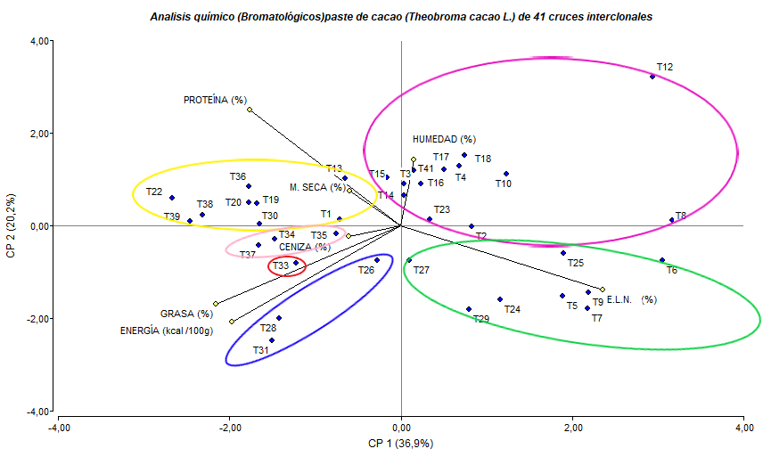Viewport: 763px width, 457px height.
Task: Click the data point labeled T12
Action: coord(652,77)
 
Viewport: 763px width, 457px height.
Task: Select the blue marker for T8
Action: coord(671,220)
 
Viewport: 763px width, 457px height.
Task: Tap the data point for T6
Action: coord(662,260)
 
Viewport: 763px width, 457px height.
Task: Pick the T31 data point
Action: coord(272,340)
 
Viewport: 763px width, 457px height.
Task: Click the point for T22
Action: coord(172,198)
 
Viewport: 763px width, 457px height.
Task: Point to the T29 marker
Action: coord(469,309)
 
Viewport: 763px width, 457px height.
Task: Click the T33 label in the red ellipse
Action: coord(281,265)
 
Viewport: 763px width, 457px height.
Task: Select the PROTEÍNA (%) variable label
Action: coord(215,100)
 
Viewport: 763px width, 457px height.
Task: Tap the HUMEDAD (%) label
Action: coord(444,139)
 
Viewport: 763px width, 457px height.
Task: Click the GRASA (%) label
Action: coord(186,314)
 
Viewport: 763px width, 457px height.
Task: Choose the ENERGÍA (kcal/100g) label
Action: coord(167,331)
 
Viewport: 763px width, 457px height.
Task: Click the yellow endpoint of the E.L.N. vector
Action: coord(603,290)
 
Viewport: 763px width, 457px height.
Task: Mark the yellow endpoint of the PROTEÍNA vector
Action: coord(250,110)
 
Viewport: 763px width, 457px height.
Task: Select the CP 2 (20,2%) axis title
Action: coord(12,227)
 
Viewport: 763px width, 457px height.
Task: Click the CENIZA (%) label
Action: coord(304,247)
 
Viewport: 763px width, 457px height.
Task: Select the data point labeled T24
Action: coord(500,299)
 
